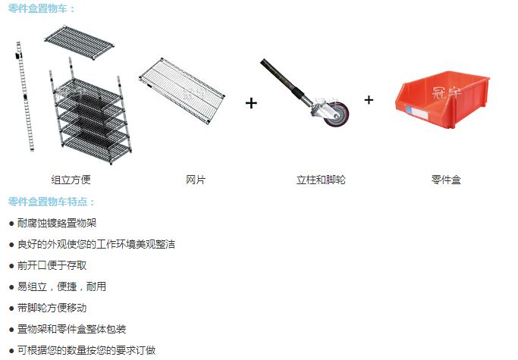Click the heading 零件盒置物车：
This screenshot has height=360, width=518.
[x=42, y=9]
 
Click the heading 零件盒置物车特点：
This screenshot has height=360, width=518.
[x=52, y=202]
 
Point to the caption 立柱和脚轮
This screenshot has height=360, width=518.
[x=321, y=180]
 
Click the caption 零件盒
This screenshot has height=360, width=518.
[x=446, y=180]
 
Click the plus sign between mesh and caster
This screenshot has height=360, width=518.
[x=252, y=103]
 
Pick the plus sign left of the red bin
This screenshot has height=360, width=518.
[x=369, y=99]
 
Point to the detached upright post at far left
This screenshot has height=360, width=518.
[x=24, y=95]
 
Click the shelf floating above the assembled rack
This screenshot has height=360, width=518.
[x=79, y=43]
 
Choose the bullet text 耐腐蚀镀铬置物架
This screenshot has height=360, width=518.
[x=57, y=224]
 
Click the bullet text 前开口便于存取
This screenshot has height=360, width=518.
[x=52, y=266]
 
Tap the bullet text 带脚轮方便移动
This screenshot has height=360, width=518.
[x=52, y=308]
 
